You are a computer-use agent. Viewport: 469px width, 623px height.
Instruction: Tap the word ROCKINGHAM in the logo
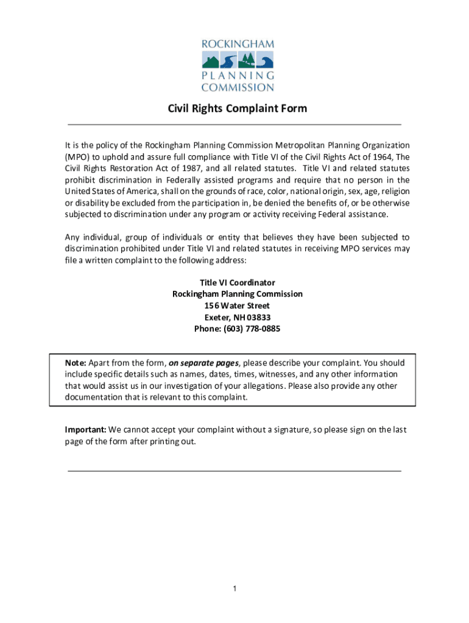(x=238, y=44)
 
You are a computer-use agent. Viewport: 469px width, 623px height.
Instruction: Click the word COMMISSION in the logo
(x=238, y=87)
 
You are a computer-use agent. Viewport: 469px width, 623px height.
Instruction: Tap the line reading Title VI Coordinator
(x=238, y=283)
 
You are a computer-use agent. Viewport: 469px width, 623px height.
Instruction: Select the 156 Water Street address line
(x=238, y=305)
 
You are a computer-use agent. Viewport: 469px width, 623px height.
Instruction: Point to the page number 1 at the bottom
(x=234, y=589)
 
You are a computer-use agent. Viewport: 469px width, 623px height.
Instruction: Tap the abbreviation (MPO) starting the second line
(x=77, y=157)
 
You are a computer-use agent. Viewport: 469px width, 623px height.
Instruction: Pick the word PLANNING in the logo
(x=238, y=76)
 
